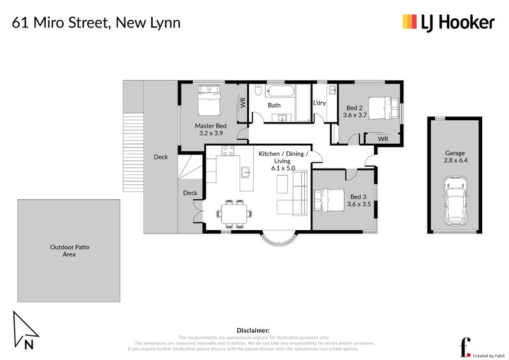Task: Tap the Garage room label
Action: pos(454,153)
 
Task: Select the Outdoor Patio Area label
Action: pos(69,251)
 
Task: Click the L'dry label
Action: pos(319,103)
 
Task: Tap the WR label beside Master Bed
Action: pos(243,102)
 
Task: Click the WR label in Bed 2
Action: pos(383,139)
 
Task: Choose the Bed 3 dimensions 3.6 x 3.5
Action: pos(359,204)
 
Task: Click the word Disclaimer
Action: pos(254,331)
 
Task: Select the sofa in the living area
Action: pos(291,195)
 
